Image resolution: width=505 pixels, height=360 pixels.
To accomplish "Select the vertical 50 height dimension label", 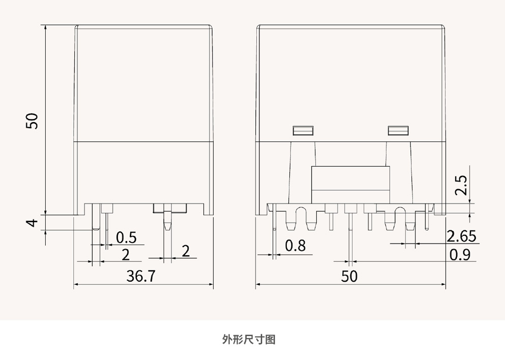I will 32,121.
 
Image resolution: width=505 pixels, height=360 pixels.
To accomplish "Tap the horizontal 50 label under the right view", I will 349,276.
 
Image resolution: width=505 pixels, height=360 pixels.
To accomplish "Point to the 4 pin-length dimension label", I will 32,223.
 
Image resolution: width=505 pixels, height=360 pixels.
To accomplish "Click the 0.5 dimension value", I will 126,237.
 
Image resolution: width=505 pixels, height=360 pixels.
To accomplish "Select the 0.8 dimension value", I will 295,246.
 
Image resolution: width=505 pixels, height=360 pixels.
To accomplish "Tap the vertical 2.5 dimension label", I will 461,186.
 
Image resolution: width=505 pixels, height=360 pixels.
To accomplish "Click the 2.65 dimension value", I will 461,236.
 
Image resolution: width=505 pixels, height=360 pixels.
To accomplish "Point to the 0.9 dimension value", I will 460,254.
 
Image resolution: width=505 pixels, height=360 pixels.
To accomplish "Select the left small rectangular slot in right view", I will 303,131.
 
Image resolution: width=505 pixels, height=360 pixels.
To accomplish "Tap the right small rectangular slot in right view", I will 398,131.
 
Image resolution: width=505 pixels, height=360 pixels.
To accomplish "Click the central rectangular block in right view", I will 350,184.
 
